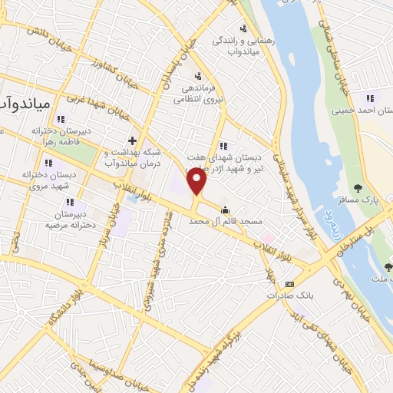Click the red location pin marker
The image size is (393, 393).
[197, 182]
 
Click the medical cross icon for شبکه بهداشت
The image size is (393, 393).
[133, 141]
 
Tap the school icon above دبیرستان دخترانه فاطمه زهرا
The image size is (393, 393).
[59, 119]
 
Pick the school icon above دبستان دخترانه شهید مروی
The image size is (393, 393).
[48, 163]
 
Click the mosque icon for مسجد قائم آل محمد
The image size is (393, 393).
[225, 210]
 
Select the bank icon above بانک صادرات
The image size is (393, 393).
[289, 283]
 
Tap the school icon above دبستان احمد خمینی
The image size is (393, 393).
[371, 98]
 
